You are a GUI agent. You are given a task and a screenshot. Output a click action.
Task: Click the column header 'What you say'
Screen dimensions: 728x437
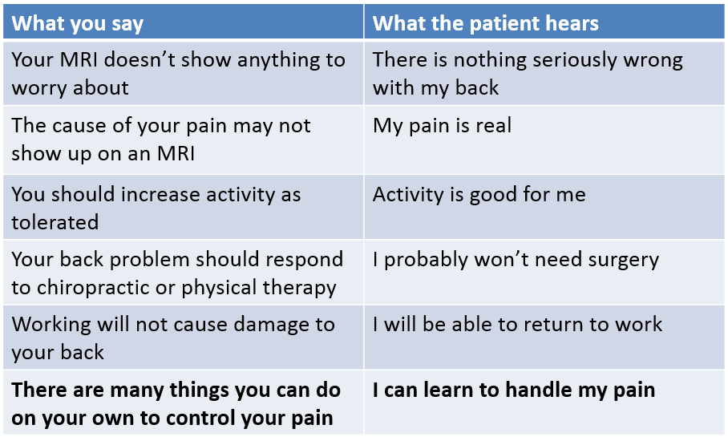tap(77, 23)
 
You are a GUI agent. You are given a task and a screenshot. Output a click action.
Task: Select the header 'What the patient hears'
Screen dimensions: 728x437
tap(486, 22)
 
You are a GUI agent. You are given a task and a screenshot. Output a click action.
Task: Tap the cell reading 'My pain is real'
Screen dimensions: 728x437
tap(442, 126)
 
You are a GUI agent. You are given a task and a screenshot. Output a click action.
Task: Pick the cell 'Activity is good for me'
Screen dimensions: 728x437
tap(479, 195)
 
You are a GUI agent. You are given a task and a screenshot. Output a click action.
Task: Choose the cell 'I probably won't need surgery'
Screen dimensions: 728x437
tap(516, 260)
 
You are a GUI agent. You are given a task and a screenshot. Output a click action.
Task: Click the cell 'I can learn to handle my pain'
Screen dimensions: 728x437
tap(513, 390)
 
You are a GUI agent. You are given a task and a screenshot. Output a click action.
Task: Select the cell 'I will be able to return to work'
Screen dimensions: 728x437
tap(517, 324)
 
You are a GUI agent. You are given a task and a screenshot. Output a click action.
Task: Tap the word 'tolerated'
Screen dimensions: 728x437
tap(55, 222)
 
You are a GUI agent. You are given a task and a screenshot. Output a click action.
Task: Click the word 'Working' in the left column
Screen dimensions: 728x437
tap(51, 326)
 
